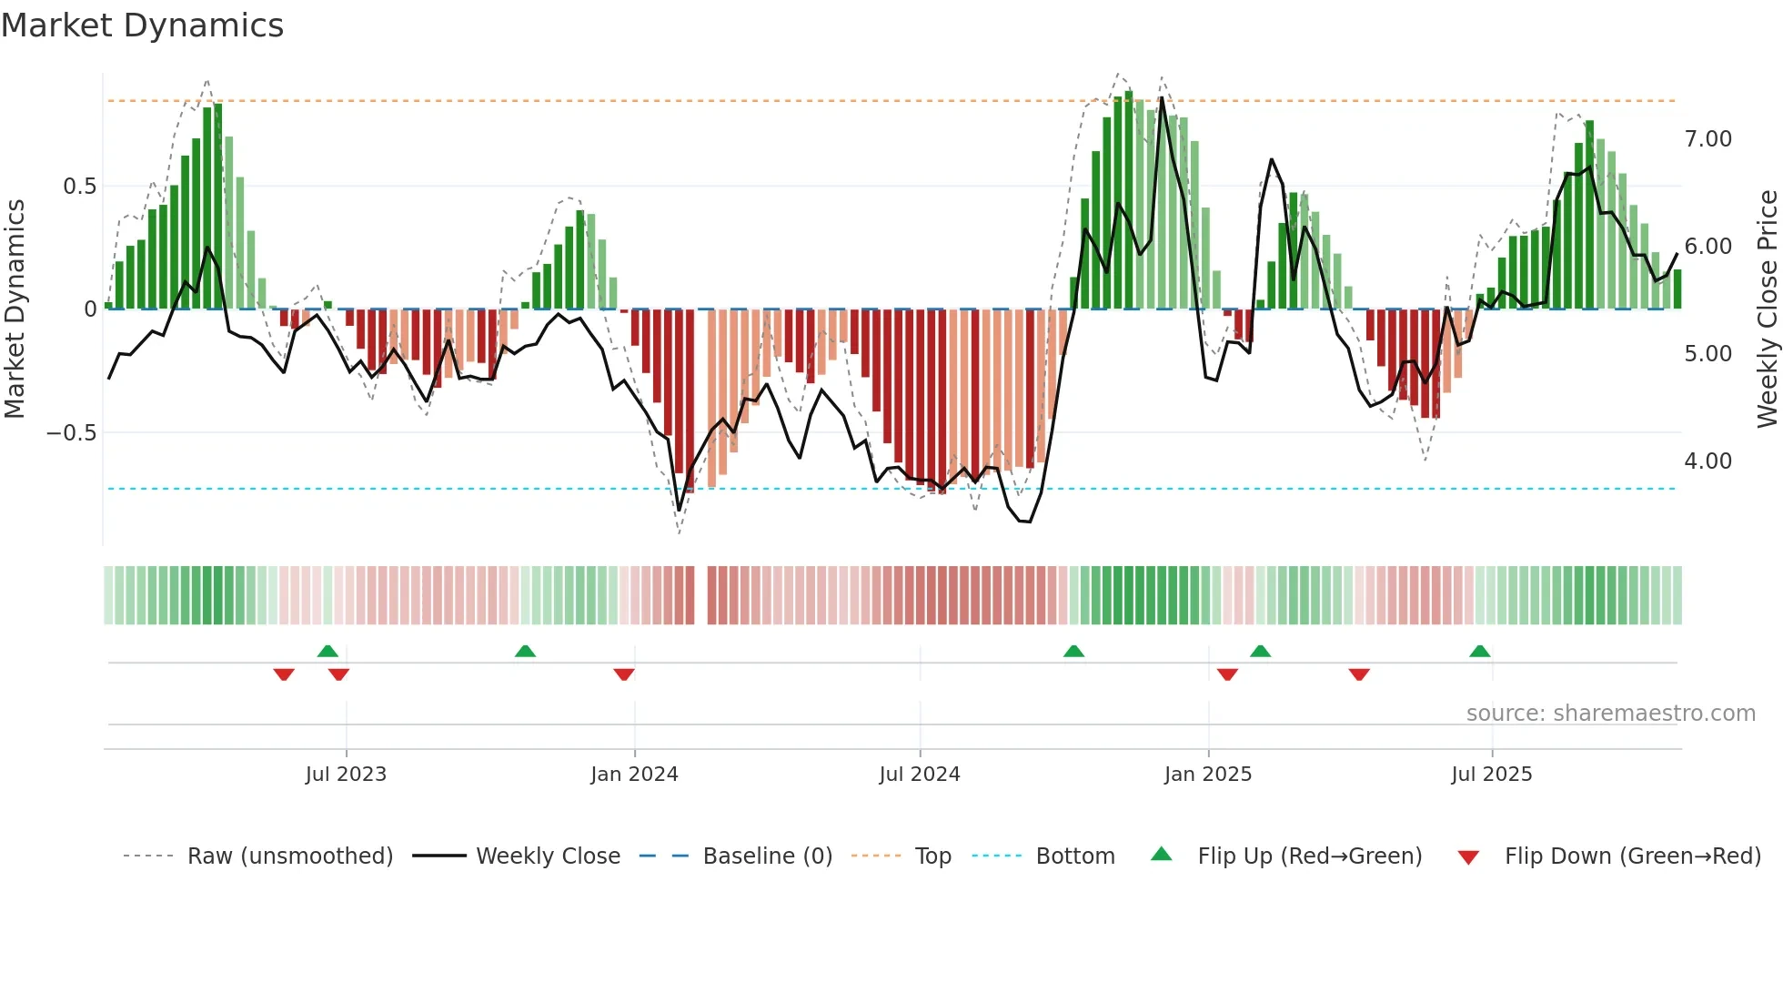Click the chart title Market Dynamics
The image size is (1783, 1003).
coord(142,25)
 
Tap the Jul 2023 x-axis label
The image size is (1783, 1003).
coord(346,775)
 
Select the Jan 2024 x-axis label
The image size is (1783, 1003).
coord(634,775)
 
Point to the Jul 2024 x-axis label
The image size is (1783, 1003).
coord(920,775)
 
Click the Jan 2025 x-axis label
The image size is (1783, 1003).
coord(1208,775)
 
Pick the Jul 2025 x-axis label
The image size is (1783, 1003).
coord(1492,775)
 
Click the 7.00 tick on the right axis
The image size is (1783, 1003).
coord(1707,139)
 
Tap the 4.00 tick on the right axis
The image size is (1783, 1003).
coord(1707,461)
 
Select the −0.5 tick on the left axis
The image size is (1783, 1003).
coord(72,433)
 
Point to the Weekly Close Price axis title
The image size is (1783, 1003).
coord(1767,309)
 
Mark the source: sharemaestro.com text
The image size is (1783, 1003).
coord(1610,714)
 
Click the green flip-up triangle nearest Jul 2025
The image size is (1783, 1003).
coord(1479,652)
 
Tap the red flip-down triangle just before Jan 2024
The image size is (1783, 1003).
coord(624,674)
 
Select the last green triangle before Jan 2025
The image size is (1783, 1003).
coord(1073,652)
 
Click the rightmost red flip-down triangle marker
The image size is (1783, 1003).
coord(1359,674)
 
